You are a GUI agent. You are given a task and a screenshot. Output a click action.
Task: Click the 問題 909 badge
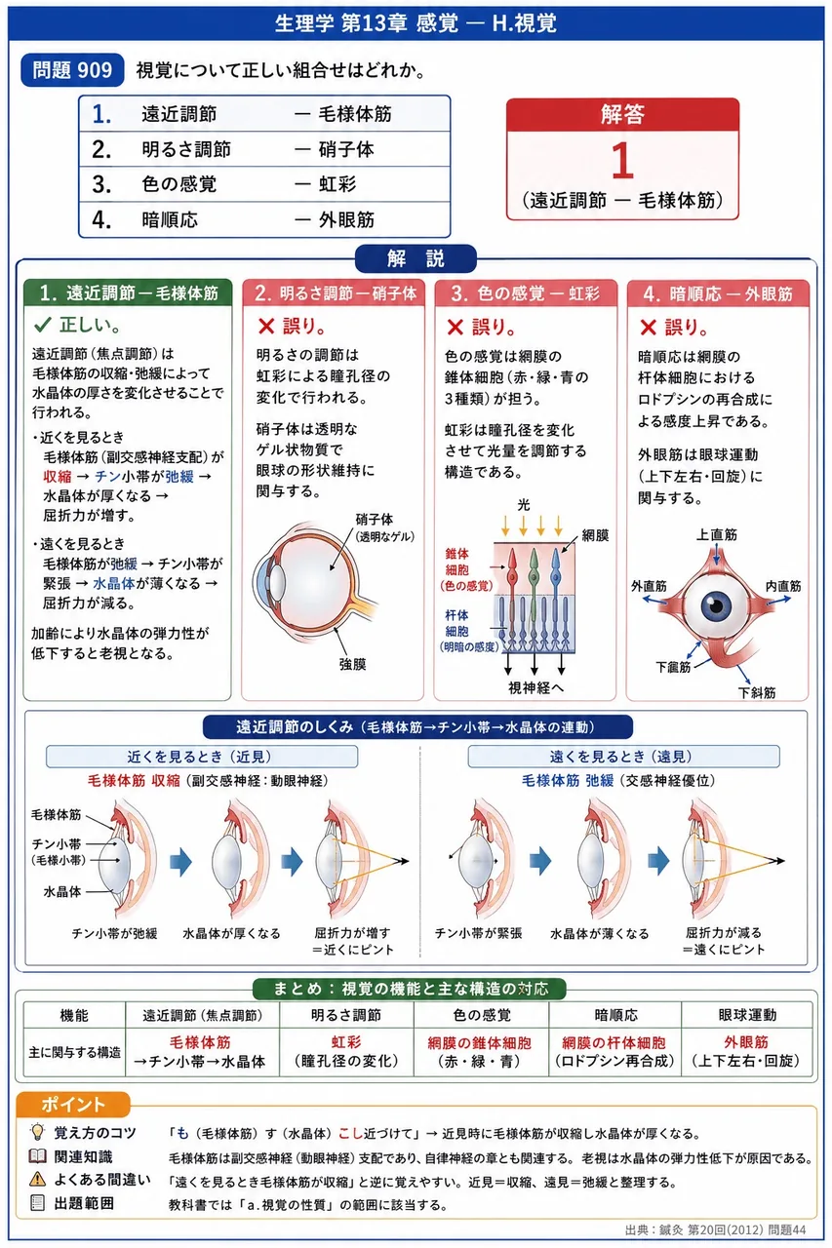click(x=72, y=70)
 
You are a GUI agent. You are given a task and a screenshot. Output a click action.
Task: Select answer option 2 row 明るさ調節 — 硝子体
click(x=264, y=149)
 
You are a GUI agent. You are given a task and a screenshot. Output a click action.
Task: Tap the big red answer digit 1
click(x=622, y=161)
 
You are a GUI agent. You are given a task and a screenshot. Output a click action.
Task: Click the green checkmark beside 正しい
click(x=43, y=325)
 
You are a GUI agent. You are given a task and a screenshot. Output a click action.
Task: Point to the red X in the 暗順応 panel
click(x=648, y=327)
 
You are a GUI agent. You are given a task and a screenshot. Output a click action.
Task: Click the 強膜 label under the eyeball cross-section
click(x=352, y=664)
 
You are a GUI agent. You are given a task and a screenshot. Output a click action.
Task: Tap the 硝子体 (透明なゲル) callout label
click(x=384, y=527)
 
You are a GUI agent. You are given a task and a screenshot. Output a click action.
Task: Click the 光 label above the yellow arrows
click(x=523, y=505)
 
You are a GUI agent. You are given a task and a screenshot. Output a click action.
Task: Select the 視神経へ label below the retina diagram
click(x=535, y=687)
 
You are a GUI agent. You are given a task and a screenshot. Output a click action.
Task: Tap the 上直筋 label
click(x=717, y=535)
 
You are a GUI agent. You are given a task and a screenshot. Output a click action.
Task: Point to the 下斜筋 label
click(x=757, y=692)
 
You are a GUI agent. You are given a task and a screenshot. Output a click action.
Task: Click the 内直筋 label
click(x=783, y=586)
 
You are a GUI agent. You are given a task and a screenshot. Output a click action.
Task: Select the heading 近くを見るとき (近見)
click(x=201, y=756)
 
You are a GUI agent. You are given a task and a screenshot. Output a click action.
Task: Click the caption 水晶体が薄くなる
click(x=599, y=933)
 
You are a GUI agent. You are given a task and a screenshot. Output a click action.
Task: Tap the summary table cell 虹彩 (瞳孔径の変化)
click(x=346, y=1051)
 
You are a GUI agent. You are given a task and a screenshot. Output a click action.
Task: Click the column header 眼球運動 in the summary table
click(x=747, y=1015)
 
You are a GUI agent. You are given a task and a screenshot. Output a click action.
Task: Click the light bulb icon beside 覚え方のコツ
click(x=37, y=1132)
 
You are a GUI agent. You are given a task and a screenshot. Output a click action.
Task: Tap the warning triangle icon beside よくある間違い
click(x=37, y=1179)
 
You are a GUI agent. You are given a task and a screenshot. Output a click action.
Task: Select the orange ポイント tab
click(x=73, y=1104)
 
